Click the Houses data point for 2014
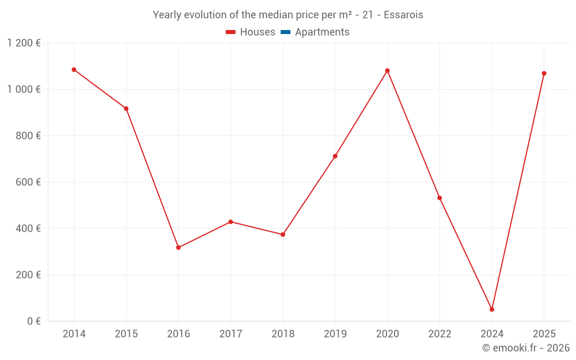pyautogui.click(x=74, y=70)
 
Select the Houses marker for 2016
pyautogui.click(x=179, y=248)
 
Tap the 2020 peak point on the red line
pyautogui.click(x=387, y=71)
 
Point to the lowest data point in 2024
pyautogui.click(x=492, y=309)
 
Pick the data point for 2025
pyautogui.click(x=544, y=73)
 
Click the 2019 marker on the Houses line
pyautogui.click(x=335, y=156)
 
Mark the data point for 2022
pyautogui.click(x=439, y=198)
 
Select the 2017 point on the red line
pyautogui.click(x=230, y=222)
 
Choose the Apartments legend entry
pyautogui.click(x=322, y=32)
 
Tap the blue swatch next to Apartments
pyautogui.click(x=286, y=32)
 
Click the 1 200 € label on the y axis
pyautogui.click(x=24, y=43)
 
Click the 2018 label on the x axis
pyautogui.click(x=283, y=334)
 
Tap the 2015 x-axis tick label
pyautogui.click(x=126, y=334)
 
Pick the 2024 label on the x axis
pyautogui.click(x=492, y=334)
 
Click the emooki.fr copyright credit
pyautogui.click(x=526, y=348)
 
